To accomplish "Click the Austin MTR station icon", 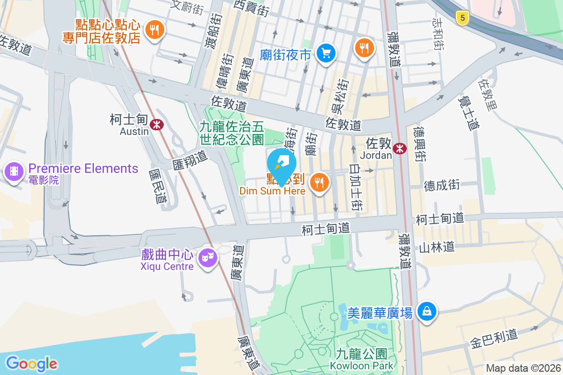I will (157, 124).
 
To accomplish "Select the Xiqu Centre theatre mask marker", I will (207, 257).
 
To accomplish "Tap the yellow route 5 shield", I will (463, 18).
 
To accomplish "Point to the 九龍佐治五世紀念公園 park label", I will (232, 132).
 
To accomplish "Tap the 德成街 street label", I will (441, 185).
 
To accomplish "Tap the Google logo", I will (31, 364).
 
